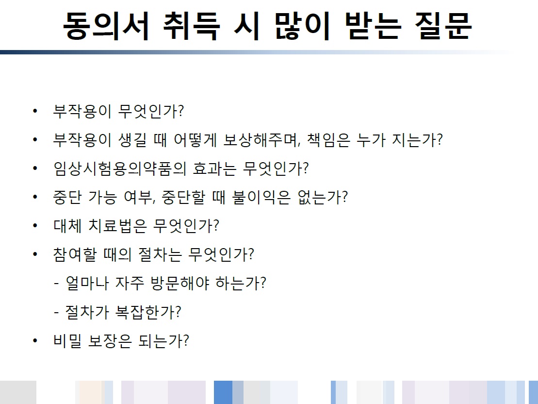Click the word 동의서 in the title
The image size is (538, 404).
point(106,26)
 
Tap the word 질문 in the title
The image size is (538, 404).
point(443,26)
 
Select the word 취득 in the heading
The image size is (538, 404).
point(191,26)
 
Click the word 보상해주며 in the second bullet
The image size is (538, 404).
point(262,140)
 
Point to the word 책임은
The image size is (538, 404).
point(328,140)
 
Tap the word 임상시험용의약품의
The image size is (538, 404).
point(120,168)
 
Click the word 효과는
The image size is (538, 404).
point(214,168)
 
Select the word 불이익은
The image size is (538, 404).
point(261,197)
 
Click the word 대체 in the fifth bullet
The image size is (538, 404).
point(67,226)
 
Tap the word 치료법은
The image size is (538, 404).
point(117,226)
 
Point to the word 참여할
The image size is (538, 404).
point(75,254)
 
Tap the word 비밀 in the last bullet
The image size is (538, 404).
point(67,341)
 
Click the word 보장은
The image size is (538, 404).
point(110,341)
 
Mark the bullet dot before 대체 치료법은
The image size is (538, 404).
point(35,226)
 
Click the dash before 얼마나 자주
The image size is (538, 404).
point(56,284)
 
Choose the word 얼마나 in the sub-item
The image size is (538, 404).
point(87,284)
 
